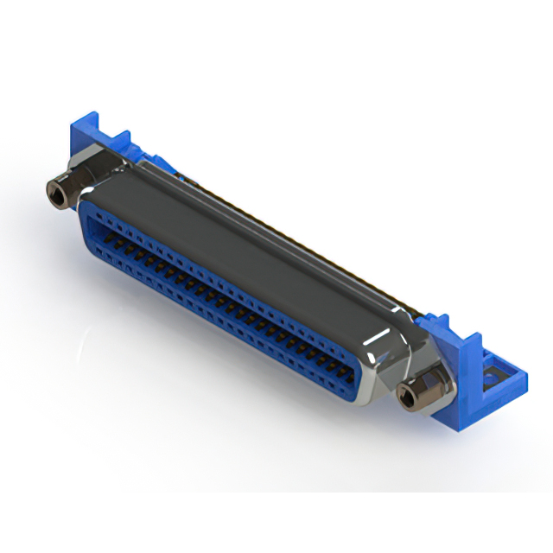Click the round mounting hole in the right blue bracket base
tap(494, 378)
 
